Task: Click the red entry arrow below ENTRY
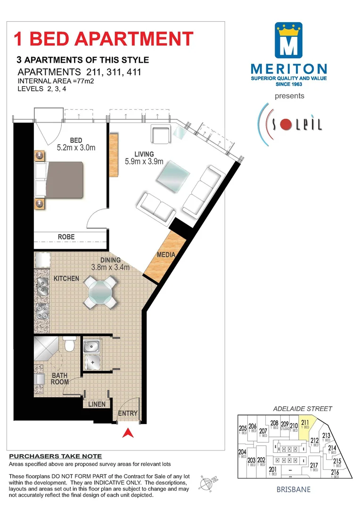pyautogui.click(x=127, y=432)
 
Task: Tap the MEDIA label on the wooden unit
pyautogui.click(x=166, y=255)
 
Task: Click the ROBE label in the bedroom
pyautogui.click(x=66, y=237)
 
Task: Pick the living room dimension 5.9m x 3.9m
pyautogui.click(x=144, y=162)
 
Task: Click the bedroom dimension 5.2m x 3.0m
pyautogui.click(x=76, y=148)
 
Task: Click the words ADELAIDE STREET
pyautogui.click(x=303, y=409)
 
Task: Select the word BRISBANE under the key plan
pyautogui.click(x=294, y=489)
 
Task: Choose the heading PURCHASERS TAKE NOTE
pyautogui.click(x=56, y=456)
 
